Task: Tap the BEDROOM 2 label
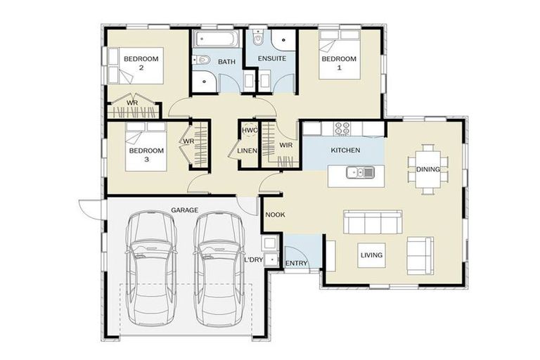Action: (141, 63)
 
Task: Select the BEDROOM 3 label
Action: (146, 155)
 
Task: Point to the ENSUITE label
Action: (272, 59)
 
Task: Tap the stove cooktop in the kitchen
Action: (342, 129)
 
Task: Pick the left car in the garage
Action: (150, 268)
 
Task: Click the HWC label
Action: (250, 130)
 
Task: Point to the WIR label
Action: (285, 145)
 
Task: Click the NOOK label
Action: (274, 216)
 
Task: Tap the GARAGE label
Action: (184, 210)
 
